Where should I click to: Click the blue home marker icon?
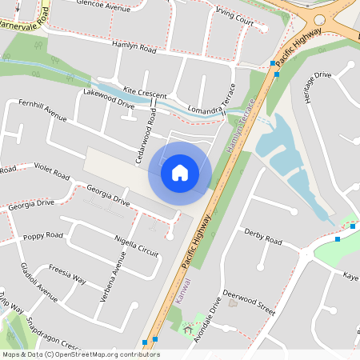[x=180, y=173]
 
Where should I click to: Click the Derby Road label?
[x=263, y=238]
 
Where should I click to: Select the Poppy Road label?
[x=42, y=236]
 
